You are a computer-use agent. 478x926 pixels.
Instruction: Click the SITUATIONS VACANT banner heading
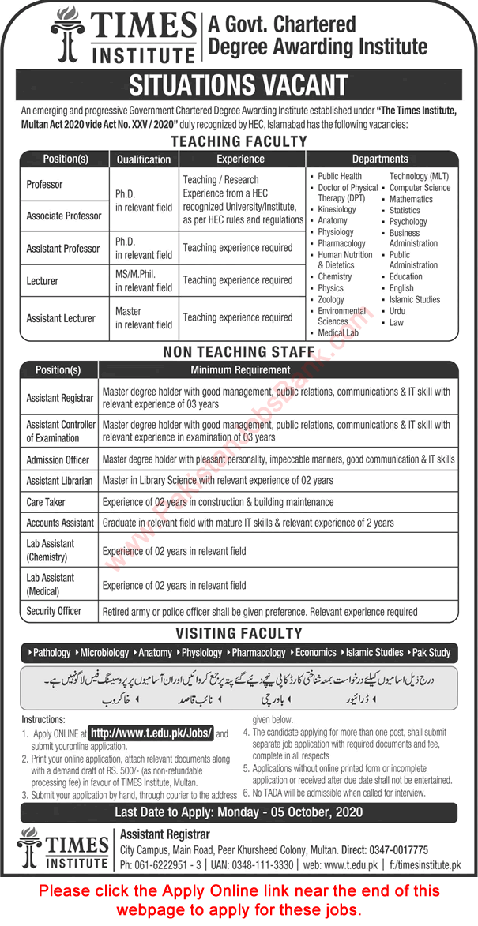(239, 84)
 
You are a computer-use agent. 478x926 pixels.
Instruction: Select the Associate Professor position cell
(64, 216)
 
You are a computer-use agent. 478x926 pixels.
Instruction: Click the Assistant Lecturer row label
(61, 318)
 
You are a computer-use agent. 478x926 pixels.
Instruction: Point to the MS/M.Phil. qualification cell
(144, 280)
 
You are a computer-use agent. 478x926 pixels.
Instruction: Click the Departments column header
(380, 159)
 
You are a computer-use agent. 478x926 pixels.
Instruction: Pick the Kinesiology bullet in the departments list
(337, 210)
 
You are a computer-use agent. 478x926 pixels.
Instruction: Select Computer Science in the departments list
(420, 188)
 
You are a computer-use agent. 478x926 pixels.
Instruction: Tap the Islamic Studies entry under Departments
(415, 300)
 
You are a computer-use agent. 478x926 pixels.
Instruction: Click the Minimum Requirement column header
(240, 369)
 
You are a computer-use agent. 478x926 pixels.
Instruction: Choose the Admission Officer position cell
(58, 459)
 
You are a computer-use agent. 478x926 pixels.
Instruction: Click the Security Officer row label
(54, 611)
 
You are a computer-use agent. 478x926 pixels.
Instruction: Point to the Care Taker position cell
(46, 502)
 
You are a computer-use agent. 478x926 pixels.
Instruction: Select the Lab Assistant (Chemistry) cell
(51, 550)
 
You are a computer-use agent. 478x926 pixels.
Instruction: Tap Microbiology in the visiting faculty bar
(104, 653)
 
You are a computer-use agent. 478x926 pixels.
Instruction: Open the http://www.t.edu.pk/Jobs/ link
(152, 733)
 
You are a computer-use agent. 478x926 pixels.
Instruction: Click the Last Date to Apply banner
(239, 812)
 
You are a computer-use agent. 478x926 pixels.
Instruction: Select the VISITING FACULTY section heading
(239, 633)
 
